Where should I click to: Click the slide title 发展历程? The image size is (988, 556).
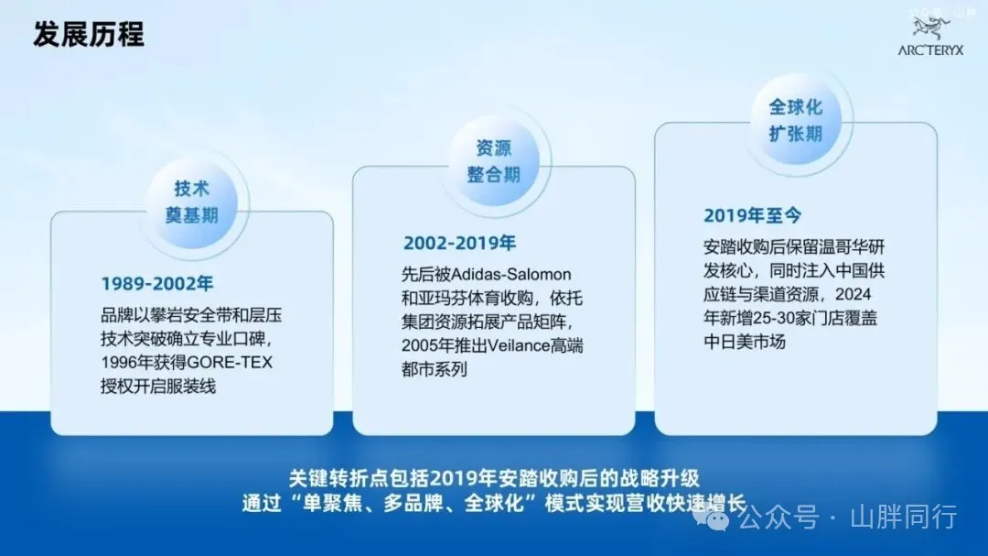(89, 34)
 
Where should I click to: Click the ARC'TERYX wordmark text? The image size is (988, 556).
(930, 50)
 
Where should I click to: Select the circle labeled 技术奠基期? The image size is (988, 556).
(191, 202)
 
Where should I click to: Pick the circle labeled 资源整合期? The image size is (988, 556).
(494, 161)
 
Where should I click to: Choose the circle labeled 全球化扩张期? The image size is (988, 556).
(796, 121)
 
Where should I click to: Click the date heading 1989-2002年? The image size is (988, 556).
(157, 284)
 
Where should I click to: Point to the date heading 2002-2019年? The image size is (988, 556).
(459, 243)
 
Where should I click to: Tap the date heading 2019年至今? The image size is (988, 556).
(752, 216)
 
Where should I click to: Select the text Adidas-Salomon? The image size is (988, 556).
(511, 275)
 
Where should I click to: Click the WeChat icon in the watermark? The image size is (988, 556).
(712, 518)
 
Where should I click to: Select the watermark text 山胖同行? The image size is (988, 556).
(904, 517)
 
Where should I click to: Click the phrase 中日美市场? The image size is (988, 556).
(745, 342)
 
